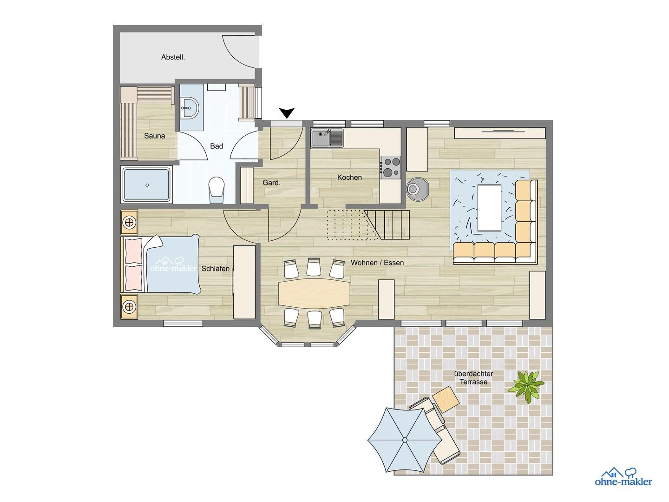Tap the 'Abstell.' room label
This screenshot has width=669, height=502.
pyautogui.click(x=173, y=58)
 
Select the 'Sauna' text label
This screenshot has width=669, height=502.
pyautogui.click(x=154, y=136)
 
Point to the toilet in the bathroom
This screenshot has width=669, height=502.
pyautogui.click(x=216, y=189)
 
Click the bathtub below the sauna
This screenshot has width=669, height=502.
pyautogui.click(x=146, y=185)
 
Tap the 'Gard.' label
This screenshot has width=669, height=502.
pyautogui.click(x=271, y=183)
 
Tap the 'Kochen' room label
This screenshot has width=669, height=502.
pyautogui.click(x=349, y=178)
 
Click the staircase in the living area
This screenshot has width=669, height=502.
pyautogui.click(x=368, y=225)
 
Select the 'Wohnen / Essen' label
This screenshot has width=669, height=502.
pyautogui.click(x=377, y=263)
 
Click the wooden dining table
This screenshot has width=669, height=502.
pyautogui.click(x=314, y=293)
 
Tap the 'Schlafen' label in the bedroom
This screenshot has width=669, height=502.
pyautogui.click(x=216, y=269)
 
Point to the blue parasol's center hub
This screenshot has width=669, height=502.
pyautogui.click(x=405, y=440)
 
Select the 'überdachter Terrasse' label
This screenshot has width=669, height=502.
pyautogui.click(x=474, y=378)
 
